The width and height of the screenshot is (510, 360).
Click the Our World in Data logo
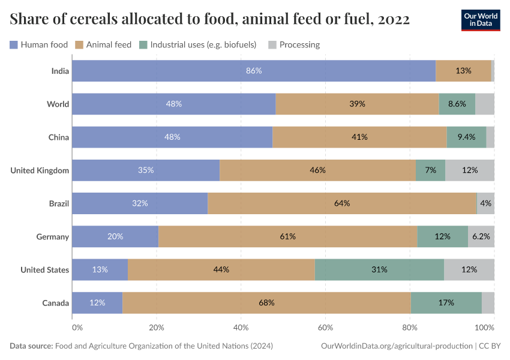(x=480, y=20)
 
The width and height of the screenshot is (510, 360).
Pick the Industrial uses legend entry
(x=198, y=44)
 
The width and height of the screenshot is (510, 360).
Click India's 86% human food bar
(x=254, y=71)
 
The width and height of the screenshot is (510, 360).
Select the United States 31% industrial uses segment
(x=379, y=269)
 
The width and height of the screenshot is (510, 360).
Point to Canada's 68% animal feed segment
(x=266, y=302)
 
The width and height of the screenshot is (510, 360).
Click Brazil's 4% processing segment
(x=486, y=203)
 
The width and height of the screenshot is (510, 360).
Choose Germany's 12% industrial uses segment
(x=443, y=236)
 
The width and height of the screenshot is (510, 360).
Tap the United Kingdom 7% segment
(x=430, y=170)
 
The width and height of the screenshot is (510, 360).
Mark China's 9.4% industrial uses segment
(x=466, y=137)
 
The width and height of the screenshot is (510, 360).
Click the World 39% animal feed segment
(x=358, y=104)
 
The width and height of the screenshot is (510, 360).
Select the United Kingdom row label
(x=40, y=170)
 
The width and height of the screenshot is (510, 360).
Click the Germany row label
(x=52, y=236)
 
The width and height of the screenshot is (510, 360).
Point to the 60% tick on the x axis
(x=325, y=328)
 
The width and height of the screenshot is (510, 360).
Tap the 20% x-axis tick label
(x=157, y=328)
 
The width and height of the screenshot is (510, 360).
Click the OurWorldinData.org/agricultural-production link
(x=397, y=346)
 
